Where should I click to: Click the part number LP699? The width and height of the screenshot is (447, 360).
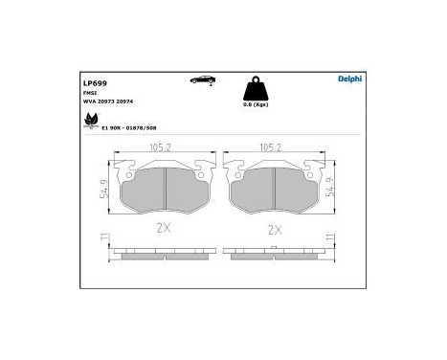[x=95, y=83]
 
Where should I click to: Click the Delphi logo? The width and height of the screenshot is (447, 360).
[x=349, y=79]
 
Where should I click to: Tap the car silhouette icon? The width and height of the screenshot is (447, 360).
[x=205, y=81]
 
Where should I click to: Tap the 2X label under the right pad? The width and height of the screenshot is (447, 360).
[x=276, y=230]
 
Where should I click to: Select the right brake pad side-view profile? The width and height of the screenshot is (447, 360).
[x=276, y=254]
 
